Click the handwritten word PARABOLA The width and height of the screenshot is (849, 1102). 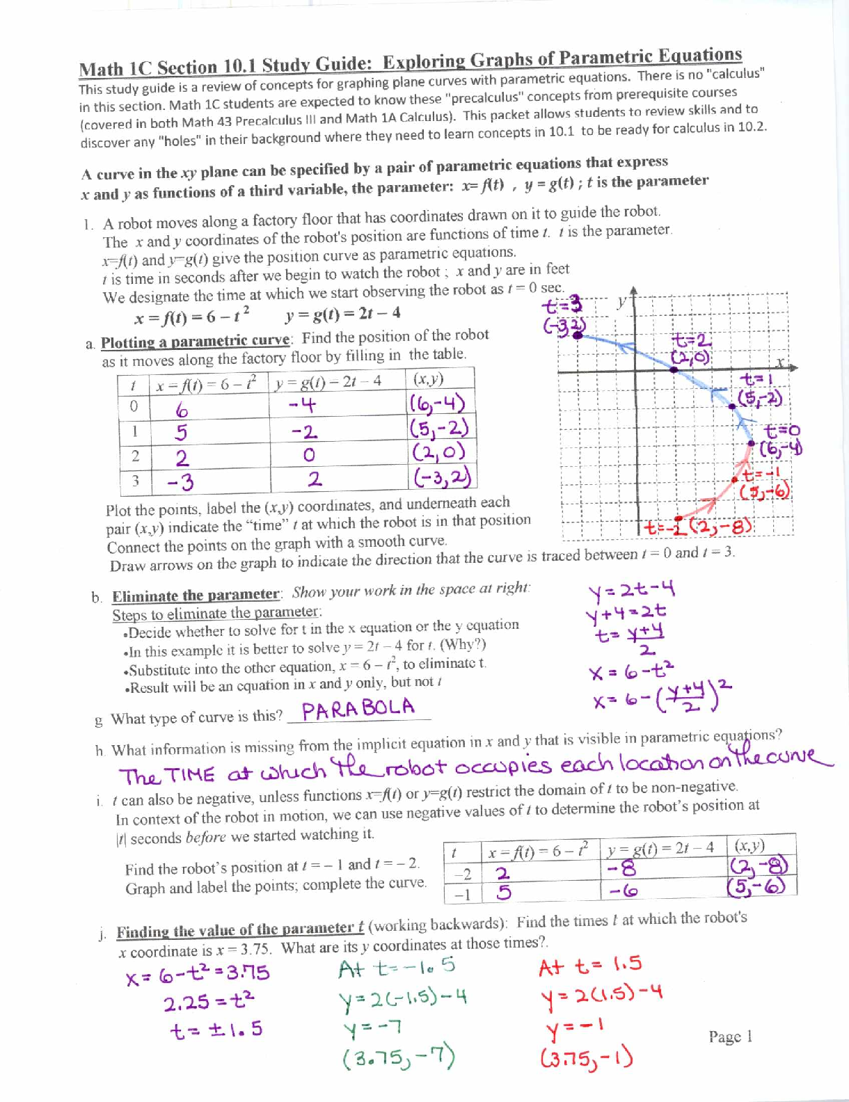[x=358, y=709]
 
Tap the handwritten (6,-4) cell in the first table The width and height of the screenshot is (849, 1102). [x=438, y=404]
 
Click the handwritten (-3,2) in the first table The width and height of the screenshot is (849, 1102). [x=441, y=477]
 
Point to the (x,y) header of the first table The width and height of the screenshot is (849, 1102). [x=428, y=379]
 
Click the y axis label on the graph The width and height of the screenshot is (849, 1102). [x=621, y=302]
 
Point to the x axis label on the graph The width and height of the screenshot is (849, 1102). [x=781, y=362]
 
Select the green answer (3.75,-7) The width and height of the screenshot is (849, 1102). [x=399, y=1058]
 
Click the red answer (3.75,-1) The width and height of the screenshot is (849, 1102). [x=586, y=1058]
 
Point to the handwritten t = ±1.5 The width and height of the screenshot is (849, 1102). [x=216, y=1029]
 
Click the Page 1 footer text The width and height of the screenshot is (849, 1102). [x=730, y=1037]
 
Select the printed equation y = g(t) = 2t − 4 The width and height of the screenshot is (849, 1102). [x=342, y=314]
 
